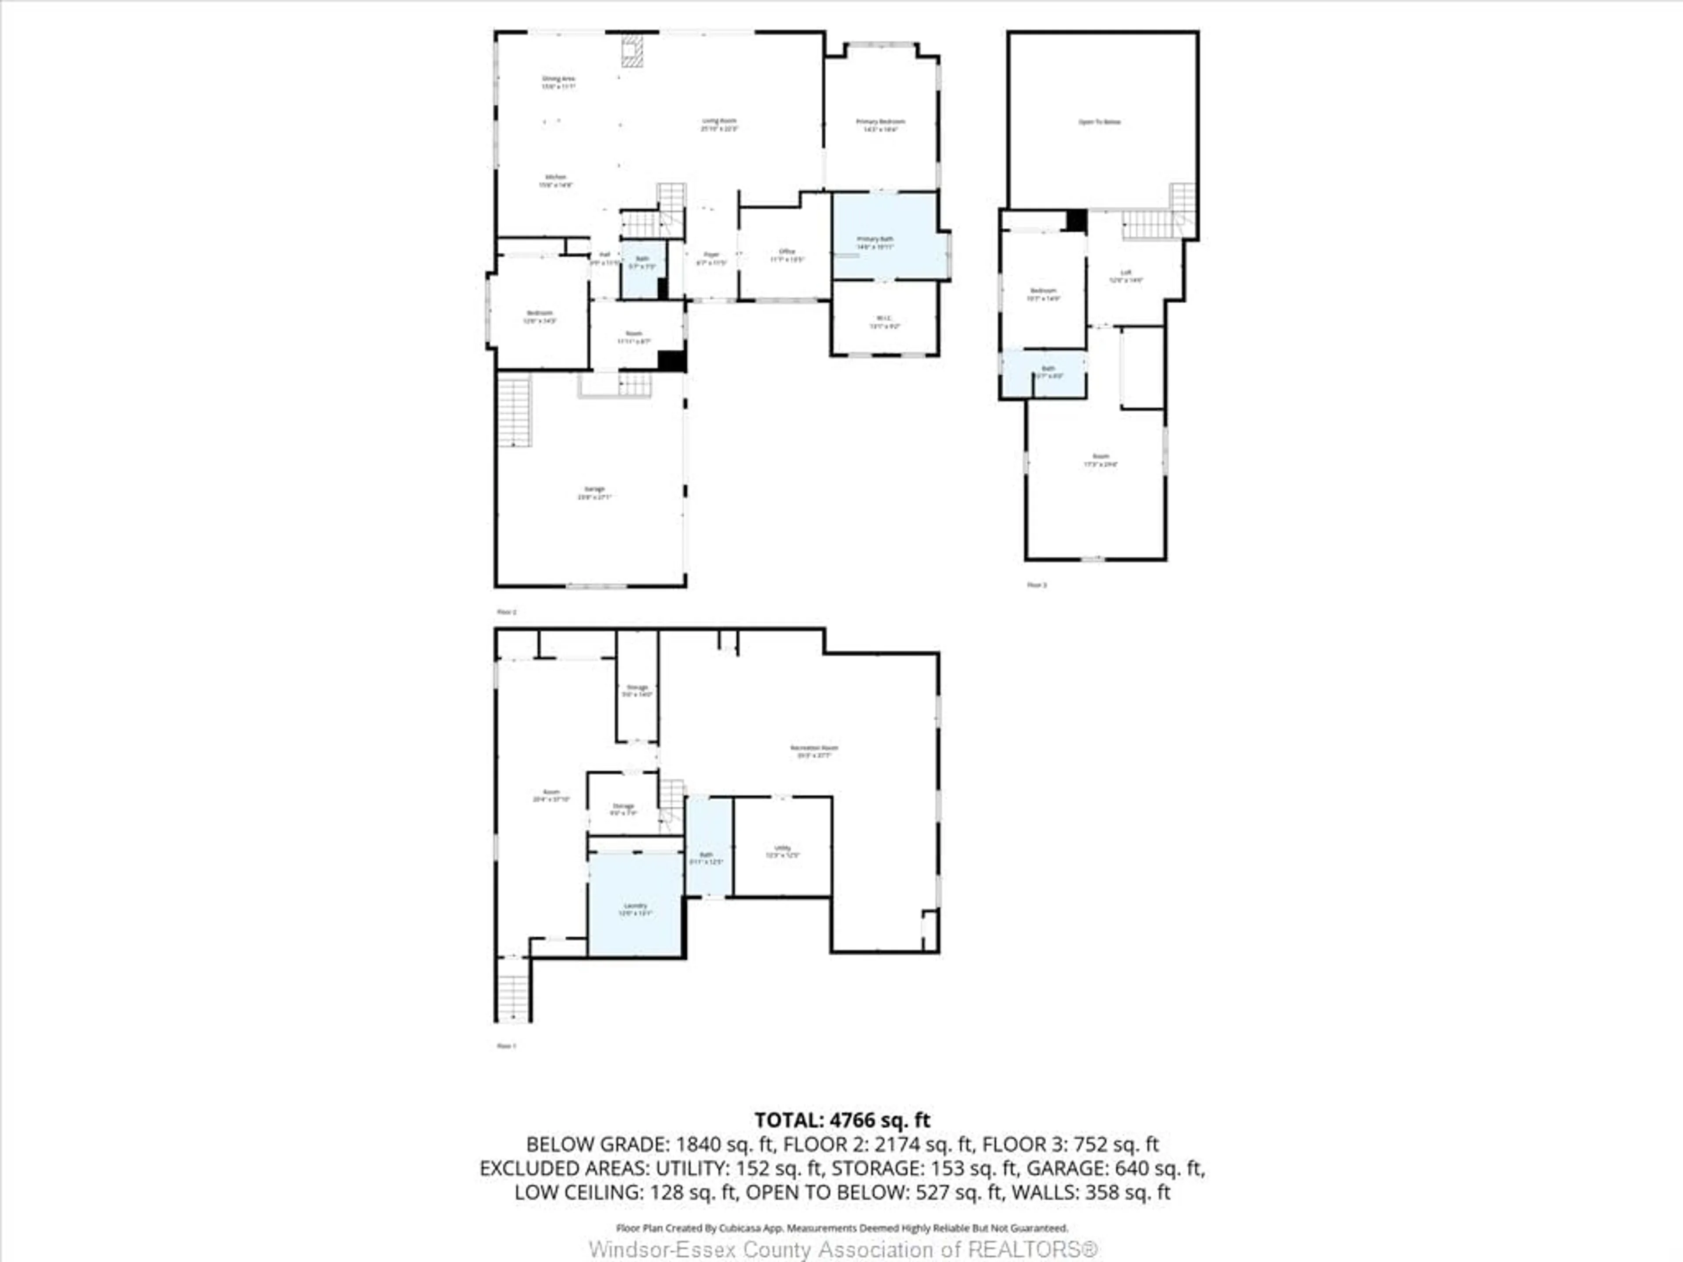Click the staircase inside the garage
515,411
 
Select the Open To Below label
1099,122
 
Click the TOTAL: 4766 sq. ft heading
841,1120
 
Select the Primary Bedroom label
881,125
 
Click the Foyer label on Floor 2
711,258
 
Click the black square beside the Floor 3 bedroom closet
1076,220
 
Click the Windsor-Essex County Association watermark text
843,1249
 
